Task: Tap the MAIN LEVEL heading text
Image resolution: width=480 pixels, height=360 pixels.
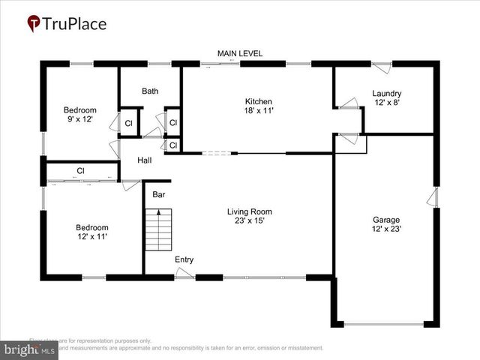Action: click(240, 54)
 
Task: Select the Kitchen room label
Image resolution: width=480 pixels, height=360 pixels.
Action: click(258, 101)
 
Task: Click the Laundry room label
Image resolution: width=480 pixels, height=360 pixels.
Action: click(386, 94)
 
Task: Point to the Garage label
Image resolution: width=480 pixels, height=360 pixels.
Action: click(386, 220)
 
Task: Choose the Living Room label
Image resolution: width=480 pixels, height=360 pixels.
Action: click(249, 211)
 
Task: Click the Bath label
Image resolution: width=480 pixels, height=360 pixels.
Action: click(150, 91)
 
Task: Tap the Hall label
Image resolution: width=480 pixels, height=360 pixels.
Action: click(145, 160)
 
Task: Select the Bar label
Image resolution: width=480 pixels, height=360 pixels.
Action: click(159, 195)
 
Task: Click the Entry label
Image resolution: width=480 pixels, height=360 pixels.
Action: click(184, 260)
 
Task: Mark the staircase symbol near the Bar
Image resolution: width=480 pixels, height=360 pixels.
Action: click(159, 230)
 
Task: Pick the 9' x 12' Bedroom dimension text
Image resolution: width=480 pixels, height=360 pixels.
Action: click(79, 119)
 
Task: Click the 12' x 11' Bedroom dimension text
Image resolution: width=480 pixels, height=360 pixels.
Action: click(91, 237)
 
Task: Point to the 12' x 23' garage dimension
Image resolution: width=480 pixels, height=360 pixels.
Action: click(386, 229)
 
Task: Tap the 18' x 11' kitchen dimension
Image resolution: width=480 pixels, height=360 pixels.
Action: click(258, 111)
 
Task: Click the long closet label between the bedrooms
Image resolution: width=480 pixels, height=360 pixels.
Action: click(79, 171)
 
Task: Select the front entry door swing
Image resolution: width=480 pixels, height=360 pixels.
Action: click(184, 274)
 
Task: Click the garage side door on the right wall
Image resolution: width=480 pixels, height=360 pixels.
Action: click(433, 197)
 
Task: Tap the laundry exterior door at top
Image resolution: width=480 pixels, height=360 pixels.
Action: click(382, 67)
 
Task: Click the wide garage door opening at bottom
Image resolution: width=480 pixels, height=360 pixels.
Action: click(384, 324)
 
